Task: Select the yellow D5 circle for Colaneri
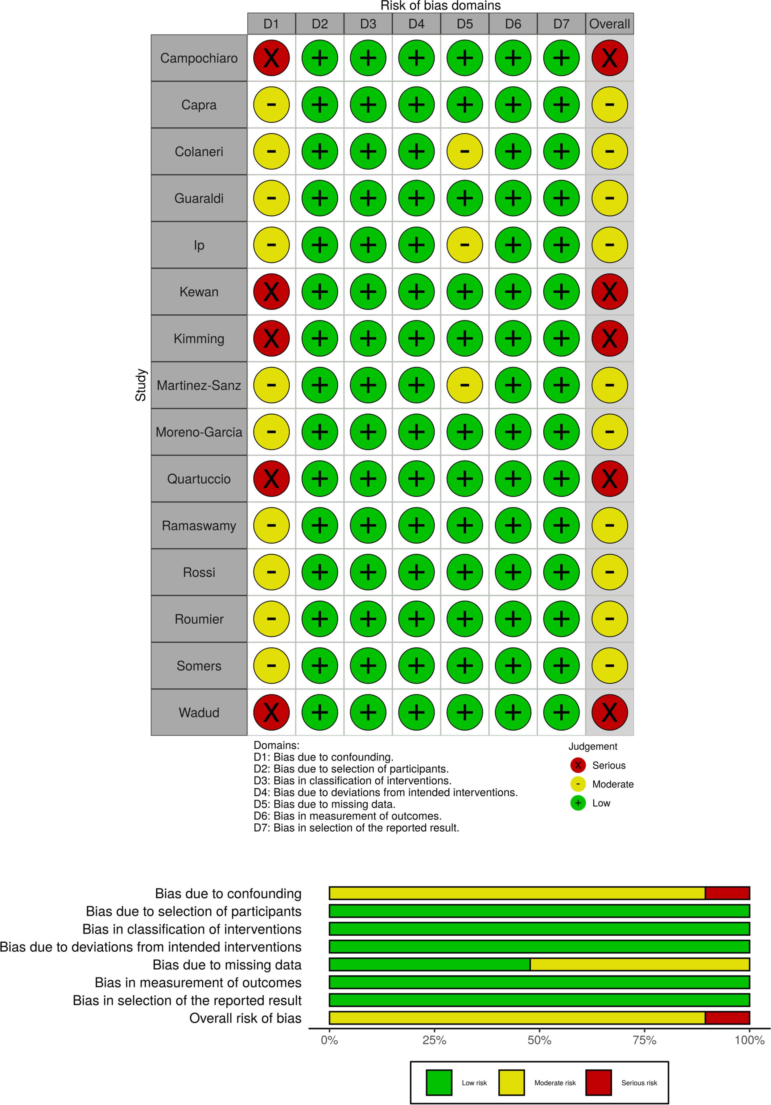[464, 151]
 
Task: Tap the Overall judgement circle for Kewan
[609, 292]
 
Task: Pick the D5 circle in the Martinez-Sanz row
[464, 385]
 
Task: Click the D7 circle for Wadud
[561, 712]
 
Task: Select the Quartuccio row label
[199, 479]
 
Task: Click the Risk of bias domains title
[440, 6]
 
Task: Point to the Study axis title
[141, 385]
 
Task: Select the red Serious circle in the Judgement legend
[578, 765]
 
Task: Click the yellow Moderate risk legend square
[511, 1082]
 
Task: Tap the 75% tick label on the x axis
[645, 1040]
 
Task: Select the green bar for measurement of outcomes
[539, 982]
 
